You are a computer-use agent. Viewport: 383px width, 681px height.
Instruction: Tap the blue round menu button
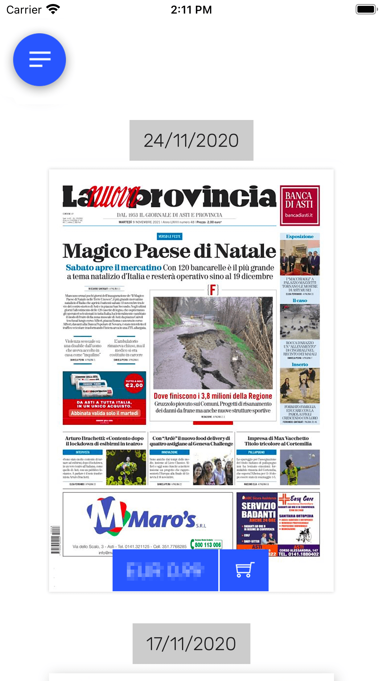pos(39,60)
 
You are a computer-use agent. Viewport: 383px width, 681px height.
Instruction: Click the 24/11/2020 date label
pos(191,141)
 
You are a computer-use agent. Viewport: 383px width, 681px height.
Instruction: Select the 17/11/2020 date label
pos(191,644)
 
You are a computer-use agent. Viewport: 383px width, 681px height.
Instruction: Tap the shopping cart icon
pos(244,570)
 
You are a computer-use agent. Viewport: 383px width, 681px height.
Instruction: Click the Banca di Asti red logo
pos(299,205)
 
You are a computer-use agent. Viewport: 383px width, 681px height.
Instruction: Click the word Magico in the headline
pos(97,251)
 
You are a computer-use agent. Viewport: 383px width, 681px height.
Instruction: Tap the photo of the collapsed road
pos(213,342)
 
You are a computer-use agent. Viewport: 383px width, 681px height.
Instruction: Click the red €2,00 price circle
pos(134,383)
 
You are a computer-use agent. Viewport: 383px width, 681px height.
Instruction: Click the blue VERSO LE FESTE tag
pos(170,237)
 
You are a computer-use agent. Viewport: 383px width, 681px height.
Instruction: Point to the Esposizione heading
pos(300,237)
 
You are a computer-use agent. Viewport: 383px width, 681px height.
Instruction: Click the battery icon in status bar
pos(366,9)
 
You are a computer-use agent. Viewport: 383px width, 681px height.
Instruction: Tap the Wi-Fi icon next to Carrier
pos(53,9)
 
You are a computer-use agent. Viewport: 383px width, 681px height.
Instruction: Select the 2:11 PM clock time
pos(191,10)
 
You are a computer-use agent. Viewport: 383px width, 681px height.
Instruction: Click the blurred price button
pos(165,570)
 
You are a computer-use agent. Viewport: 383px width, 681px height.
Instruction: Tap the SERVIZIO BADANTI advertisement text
pos(258,510)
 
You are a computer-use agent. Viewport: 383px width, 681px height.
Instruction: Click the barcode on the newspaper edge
pos(56,540)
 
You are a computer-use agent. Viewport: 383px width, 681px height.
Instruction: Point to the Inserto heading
pos(300,365)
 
